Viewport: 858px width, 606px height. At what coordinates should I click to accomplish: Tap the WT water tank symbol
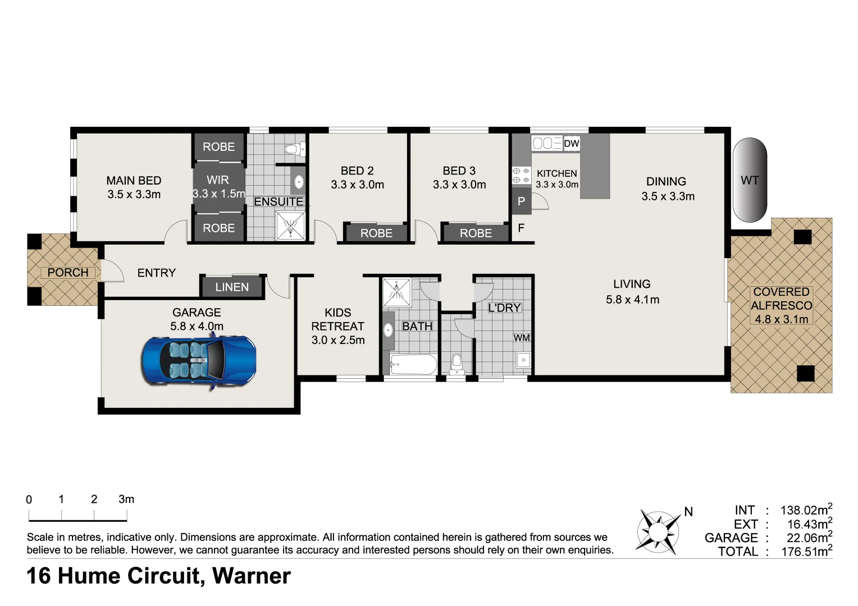(x=750, y=180)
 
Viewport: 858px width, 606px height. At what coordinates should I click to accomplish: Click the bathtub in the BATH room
(x=413, y=365)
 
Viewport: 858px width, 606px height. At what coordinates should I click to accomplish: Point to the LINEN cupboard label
(x=232, y=287)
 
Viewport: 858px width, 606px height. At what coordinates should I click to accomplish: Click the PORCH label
(x=67, y=273)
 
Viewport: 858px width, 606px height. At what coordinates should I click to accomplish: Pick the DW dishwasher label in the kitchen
(x=571, y=144)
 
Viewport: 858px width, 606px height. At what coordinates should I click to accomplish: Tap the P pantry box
(x=521, y=201)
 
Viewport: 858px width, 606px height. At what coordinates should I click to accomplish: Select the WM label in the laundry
(x=522, y=338)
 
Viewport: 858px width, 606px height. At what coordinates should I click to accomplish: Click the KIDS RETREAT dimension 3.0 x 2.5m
(x=338, y=340)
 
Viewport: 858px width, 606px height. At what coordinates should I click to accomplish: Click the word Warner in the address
(x=252, y=576)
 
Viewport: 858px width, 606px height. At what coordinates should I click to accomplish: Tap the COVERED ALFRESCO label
(x=781, y=305)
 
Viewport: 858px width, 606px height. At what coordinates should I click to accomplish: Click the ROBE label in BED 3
(x=476, y=233)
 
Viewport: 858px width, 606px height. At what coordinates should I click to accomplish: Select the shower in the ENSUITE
(x=290, y=226)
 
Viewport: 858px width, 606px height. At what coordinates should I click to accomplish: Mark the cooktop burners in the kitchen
(x=521, y=176)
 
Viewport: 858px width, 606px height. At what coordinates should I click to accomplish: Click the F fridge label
(x=521, y=228)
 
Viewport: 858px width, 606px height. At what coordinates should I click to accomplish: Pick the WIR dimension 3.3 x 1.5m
(x=218, y=194)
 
